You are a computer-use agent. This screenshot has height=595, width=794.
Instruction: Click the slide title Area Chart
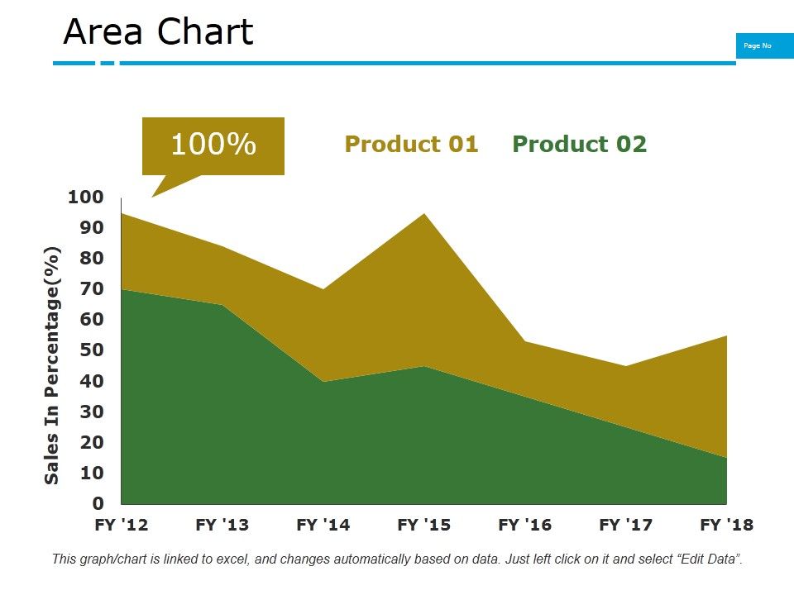[x=158, y=33]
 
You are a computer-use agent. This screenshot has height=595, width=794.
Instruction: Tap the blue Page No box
[x=758, y=46]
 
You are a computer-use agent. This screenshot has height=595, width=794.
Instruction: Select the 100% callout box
[x=213, y=145]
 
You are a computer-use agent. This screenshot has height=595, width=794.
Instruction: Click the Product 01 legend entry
[x=411, y=145]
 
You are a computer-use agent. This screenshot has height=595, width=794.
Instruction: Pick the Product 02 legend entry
[x=579, y=145]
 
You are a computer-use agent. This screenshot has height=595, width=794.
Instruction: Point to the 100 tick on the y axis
[x=86, y=198]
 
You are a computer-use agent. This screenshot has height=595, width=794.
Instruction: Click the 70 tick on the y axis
[x=92, y=289]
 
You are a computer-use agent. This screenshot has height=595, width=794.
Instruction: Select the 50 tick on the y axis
[x=92, y=350]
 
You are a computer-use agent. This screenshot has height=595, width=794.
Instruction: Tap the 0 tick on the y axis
[x=98, y=503]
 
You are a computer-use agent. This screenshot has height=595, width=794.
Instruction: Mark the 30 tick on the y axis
[x=92, y=412]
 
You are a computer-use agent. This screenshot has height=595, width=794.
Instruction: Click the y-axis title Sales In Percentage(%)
[x=53, y=365]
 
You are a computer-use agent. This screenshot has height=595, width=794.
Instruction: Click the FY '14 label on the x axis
[x=323, y=525]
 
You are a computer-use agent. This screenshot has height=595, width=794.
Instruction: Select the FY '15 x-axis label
[x=424, y=525]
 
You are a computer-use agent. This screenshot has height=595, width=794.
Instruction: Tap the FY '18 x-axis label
[x=726, y=525]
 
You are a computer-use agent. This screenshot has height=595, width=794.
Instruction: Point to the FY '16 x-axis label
[x=525, y=525]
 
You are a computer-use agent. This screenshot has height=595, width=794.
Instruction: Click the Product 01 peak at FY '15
[x=424, y=215]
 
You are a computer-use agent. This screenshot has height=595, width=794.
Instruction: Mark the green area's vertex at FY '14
[x=323, y=381]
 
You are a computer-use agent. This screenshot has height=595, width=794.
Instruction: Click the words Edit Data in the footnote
[x=706, y=559]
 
